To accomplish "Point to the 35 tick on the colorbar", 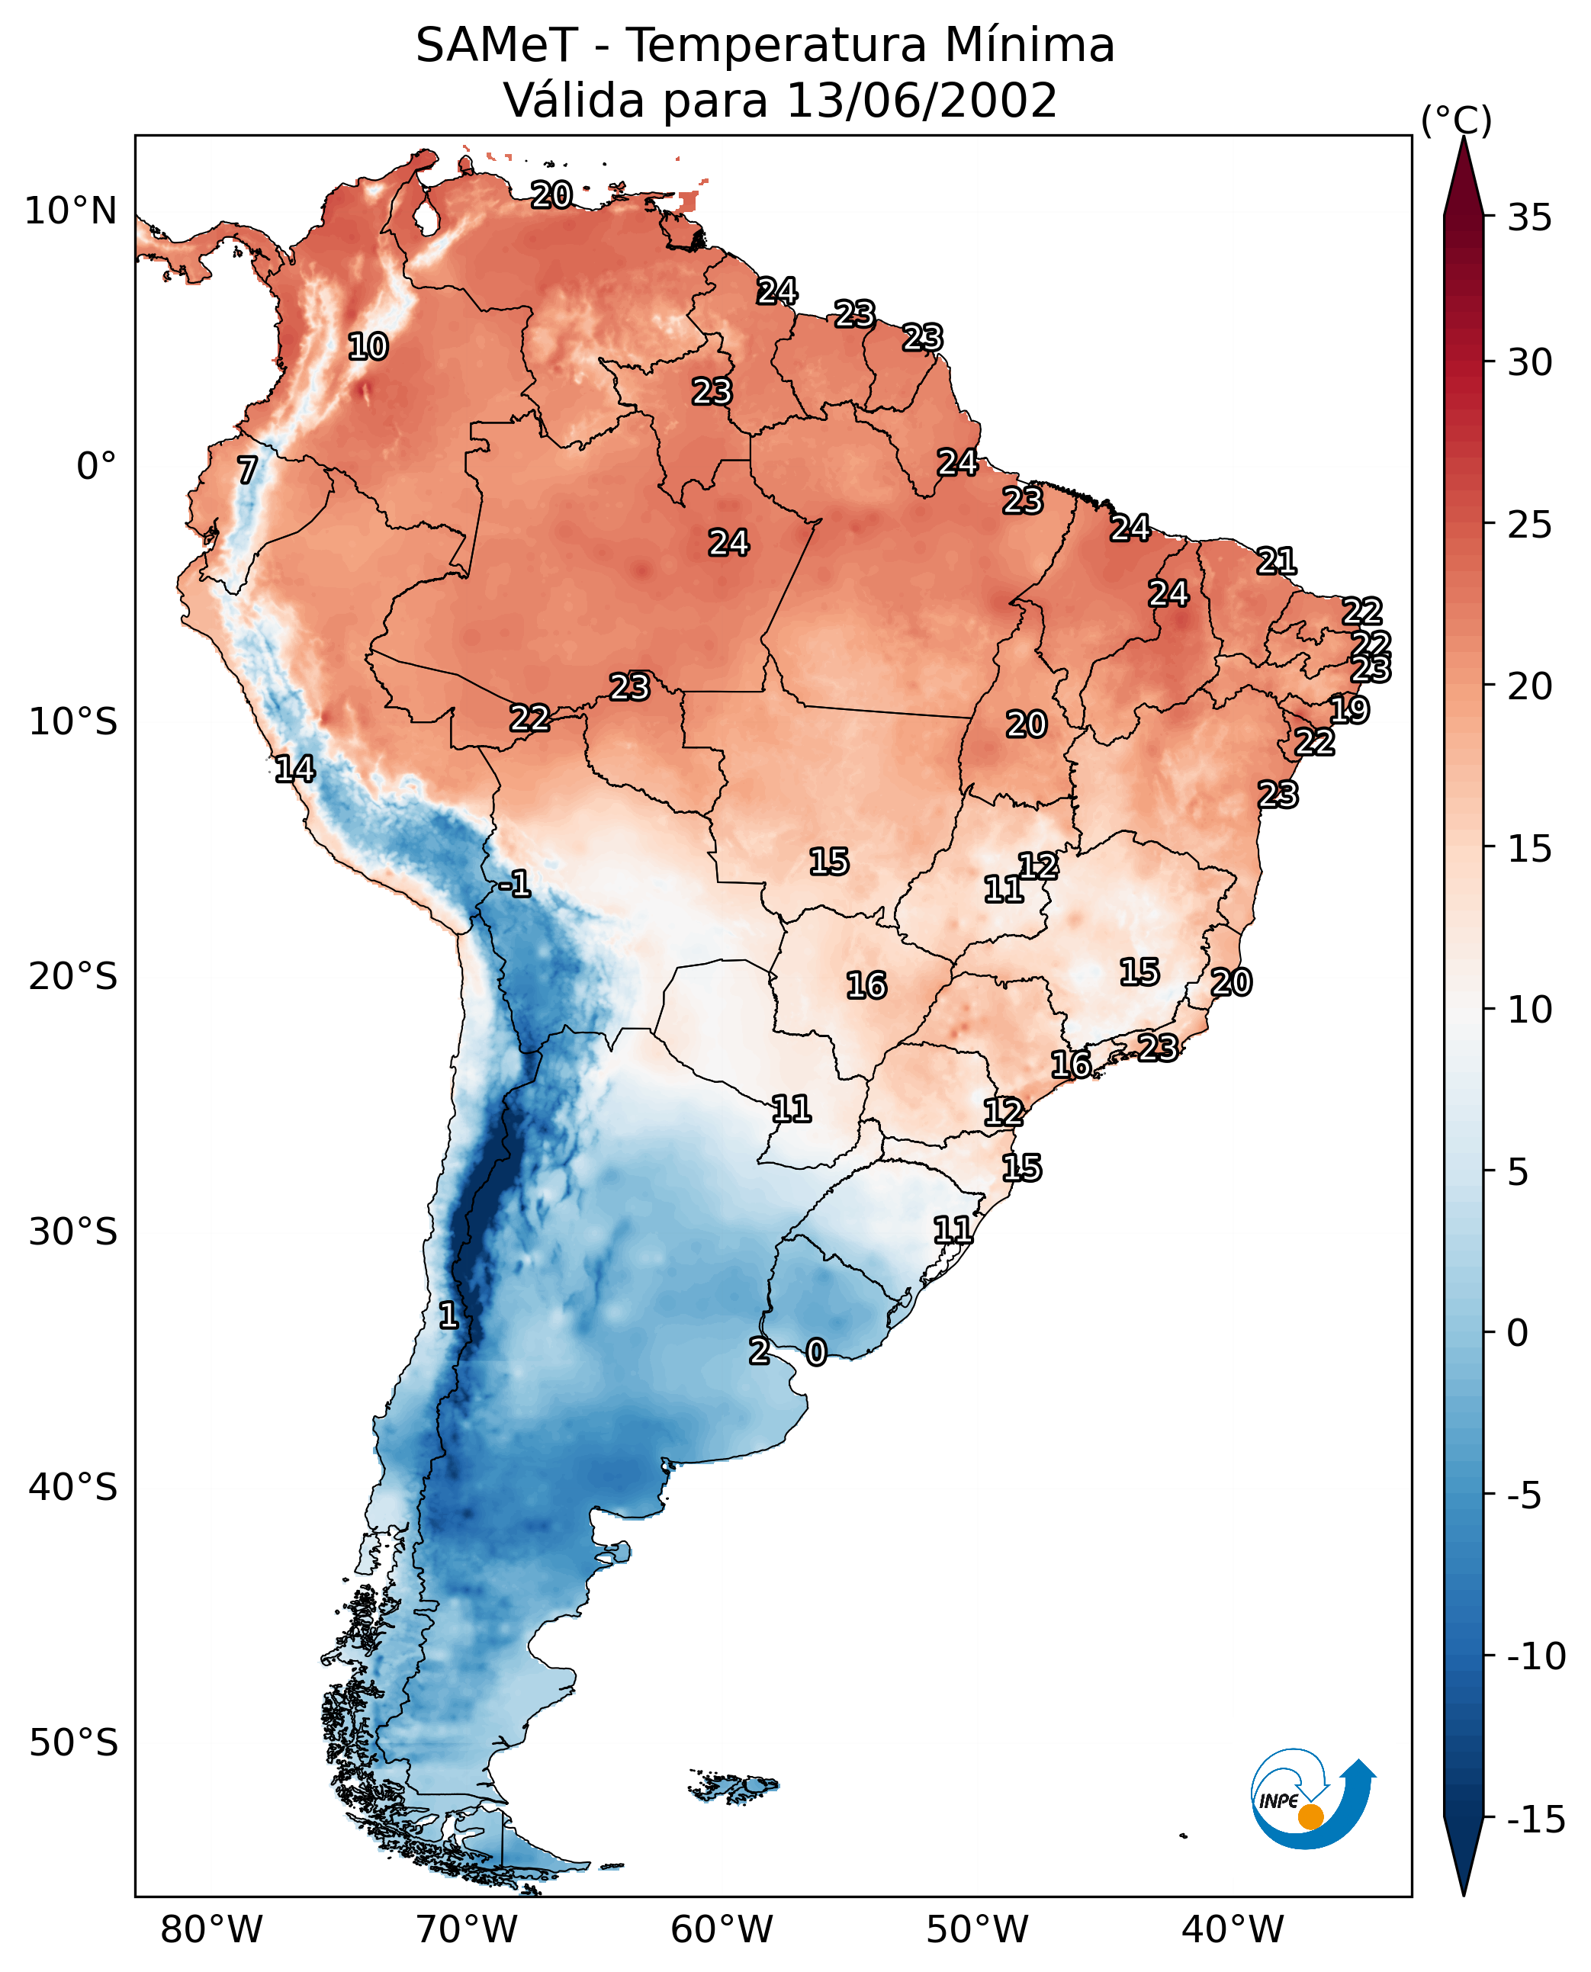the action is pos(1529,217).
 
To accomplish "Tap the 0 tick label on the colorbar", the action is pos(1518,1332).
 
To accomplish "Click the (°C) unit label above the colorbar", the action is pos(1456,120).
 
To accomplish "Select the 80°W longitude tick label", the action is pos(212,1929).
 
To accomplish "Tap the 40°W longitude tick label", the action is pos(1233,1929).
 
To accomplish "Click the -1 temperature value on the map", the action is pos(515,883).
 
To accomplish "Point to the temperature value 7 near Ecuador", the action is pos(247,470).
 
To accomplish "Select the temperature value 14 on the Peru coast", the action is pos(295,769).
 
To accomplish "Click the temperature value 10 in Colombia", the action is pos(368,346).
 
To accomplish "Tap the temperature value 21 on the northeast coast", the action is pos(1277,560).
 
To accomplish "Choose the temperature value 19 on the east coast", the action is pos(1350,709).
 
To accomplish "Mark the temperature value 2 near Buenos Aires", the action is pos(760,1350).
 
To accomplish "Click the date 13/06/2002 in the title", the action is pos(922,100).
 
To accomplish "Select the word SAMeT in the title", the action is pos(497,45).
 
